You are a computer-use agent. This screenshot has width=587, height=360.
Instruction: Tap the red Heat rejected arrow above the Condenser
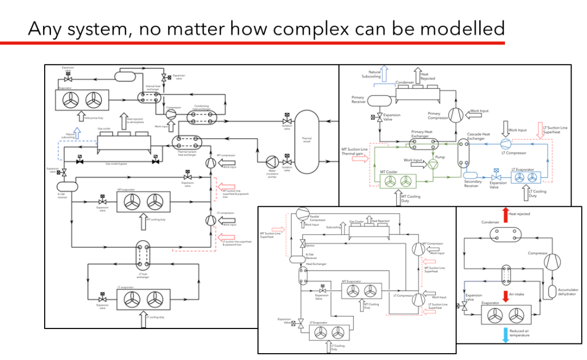[505, 214]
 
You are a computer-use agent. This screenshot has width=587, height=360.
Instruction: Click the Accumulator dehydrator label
[568, 292]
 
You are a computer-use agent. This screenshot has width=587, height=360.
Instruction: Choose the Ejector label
[310, 245]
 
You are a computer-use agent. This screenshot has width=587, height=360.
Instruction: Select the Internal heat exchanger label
[153, 87]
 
